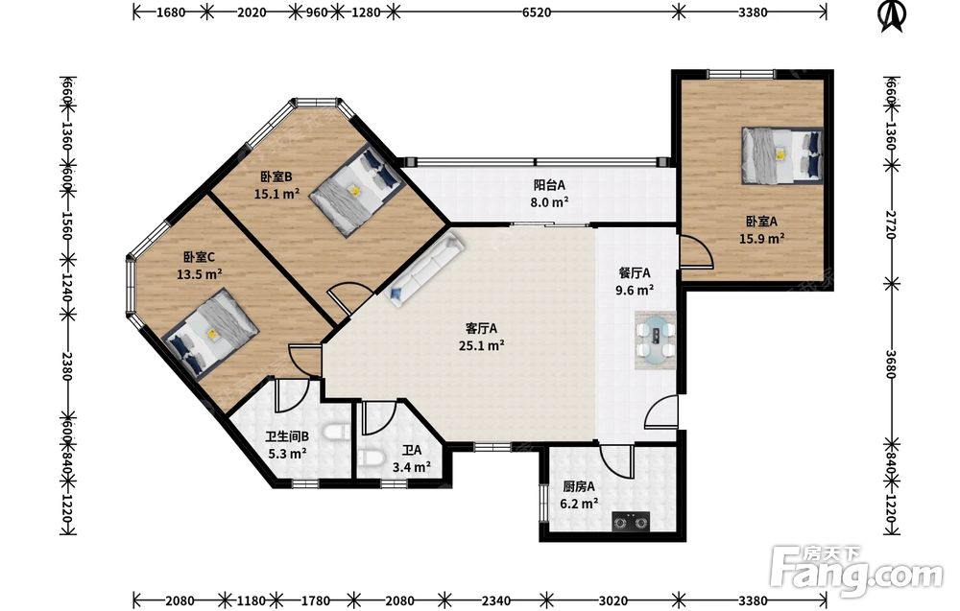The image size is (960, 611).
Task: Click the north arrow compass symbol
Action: click(x=892, y=16)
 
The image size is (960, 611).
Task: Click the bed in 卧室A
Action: click(x=781, y=154)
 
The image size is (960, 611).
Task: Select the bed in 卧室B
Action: click(x=355, y=190)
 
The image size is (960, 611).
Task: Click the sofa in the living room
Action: click(x=426, y=270)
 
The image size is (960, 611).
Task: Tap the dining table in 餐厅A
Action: click(x=655, y=341)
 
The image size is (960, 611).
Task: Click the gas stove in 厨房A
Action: click(x=632, y=522)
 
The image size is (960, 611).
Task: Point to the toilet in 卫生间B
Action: click(x=336, y=433)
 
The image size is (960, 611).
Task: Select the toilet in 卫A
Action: click(x=370, y=458)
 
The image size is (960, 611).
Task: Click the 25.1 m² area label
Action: click(x=481, y=345)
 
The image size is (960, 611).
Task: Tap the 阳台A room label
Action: click(x=548, y=185)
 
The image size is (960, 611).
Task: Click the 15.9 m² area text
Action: click(x=761, y=239)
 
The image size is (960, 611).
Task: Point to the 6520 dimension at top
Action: click(x=537, y=12)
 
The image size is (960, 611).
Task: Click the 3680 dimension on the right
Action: click(x=892, y=364)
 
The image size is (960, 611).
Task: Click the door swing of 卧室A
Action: click(x=697, y=250)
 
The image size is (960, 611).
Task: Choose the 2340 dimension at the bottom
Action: click(x=496, y=600)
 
